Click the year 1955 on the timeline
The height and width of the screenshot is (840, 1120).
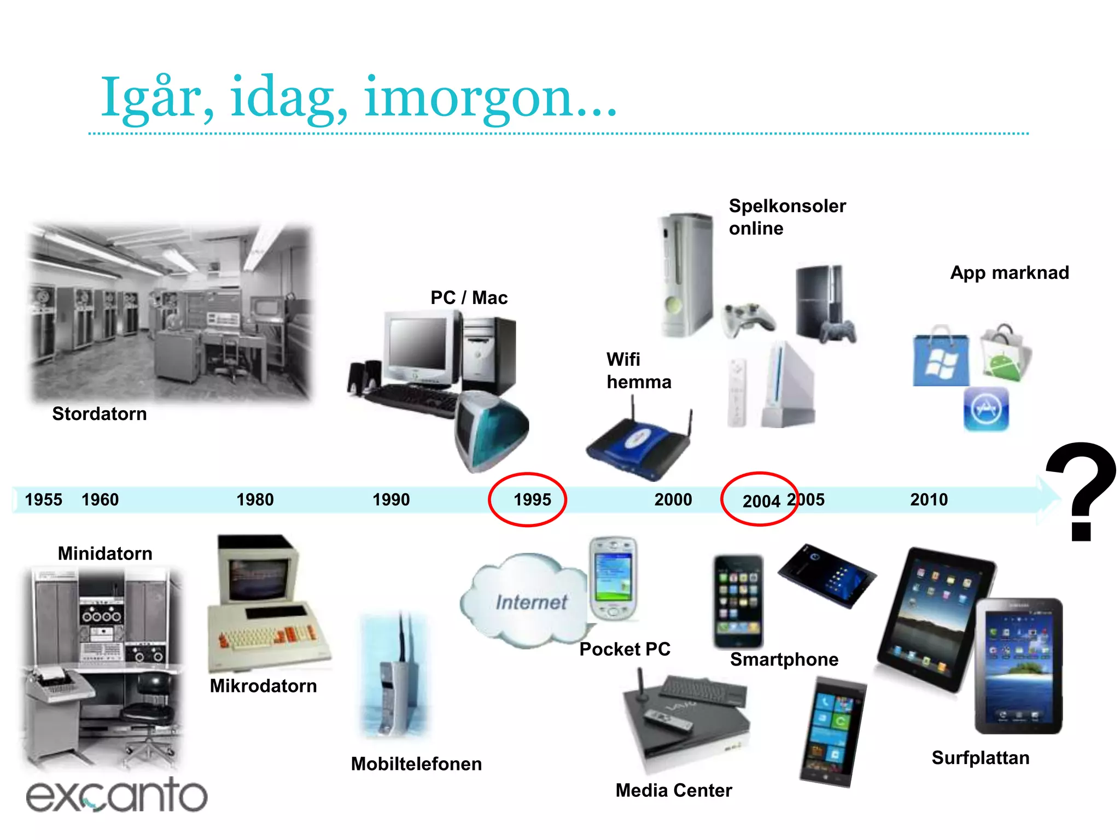coord(44,499)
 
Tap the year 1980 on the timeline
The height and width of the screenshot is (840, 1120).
coord(255,499)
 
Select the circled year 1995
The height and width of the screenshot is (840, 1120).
coord(532,499)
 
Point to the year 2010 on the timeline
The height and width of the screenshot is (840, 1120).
coord(929,499)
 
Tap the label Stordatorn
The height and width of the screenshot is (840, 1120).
coord(100,414)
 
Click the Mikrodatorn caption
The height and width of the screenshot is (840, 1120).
coord(263,686)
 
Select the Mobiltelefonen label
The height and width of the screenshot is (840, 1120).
coord(416,764)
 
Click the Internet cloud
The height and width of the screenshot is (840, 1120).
coord(525,602)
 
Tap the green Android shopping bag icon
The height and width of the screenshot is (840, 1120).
coord(1005,354)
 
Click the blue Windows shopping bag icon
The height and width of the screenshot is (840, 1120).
coord(941,358)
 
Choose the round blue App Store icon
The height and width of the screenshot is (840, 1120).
coord(986,410)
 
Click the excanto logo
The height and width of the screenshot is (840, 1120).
coord(116,795)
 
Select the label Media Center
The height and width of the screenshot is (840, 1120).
coord(674,790)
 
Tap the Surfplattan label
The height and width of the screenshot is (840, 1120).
coord(981,758)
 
